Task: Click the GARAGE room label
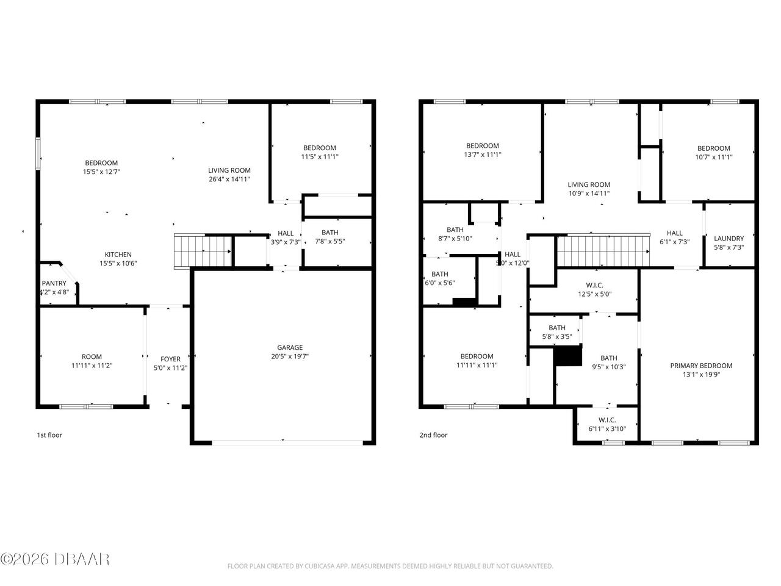(290, 347)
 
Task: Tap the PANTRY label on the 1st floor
(54, 283)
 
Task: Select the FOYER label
(170, 359)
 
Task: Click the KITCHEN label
(118, 255)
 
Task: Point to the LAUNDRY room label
(729, 239)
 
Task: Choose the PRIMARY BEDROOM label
(701, 366)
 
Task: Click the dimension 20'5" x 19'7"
(290, 356)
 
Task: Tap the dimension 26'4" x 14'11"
(229, 179)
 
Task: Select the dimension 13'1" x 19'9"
(701, 375)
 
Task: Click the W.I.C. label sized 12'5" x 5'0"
(594, 285)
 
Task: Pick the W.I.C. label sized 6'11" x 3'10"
(606, 420)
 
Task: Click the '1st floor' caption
(49, 435)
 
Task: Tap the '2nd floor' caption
(433, 435)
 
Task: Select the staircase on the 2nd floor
(603, 251)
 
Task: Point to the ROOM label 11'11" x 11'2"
(92, 356)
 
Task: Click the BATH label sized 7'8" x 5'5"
(329, 233)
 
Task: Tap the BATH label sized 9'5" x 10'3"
(608, 358)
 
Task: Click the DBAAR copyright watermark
(55, 559)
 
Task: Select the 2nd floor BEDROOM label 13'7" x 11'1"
(482, 146)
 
